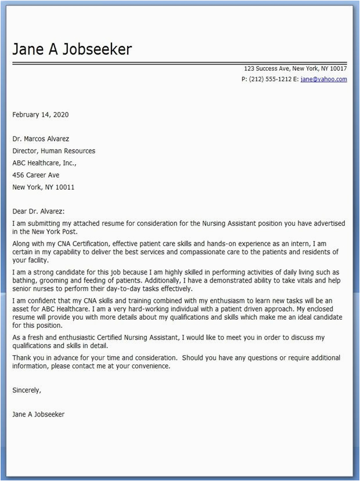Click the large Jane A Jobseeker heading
(72, 49)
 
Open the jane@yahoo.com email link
(323, 79)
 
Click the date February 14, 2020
(41, 114)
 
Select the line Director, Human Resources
(54, 151)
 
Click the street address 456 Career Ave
(36, 175)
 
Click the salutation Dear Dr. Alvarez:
(39, 212)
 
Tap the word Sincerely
(26, 390)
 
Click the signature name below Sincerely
(38, 414)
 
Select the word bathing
(25, 280)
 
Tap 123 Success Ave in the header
(265, 68)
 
